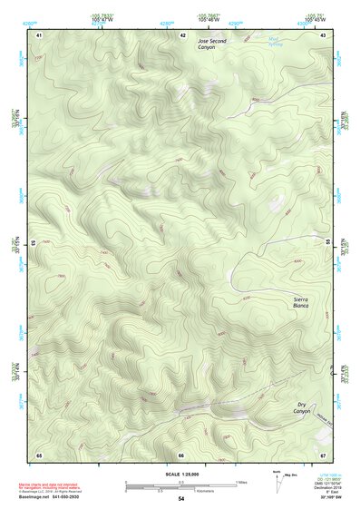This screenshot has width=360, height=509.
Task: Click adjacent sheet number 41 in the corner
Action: tap(39, 34)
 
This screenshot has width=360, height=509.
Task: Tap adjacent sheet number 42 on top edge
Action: tap(182, 34)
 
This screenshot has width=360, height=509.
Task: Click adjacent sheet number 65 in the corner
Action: tap(39, 455)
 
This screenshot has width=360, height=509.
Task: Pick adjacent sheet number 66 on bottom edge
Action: tap(181, 455)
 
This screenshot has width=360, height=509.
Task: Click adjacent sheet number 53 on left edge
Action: tap(33, 243)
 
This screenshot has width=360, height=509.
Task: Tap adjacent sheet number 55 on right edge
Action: tap(328, 243)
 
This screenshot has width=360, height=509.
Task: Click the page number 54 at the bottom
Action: tap(181, 499)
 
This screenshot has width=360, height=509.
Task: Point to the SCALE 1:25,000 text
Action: tap(181, 473)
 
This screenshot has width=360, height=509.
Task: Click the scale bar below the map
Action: tap(181, 484)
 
